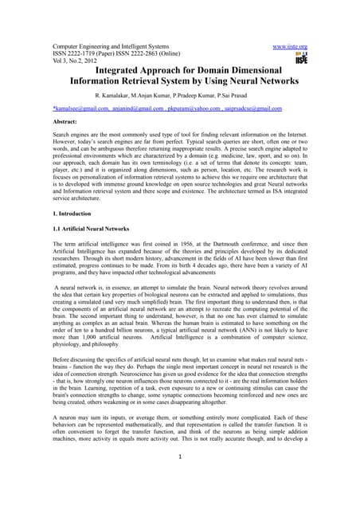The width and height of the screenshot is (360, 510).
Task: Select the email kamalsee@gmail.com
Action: tap(80, 108)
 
